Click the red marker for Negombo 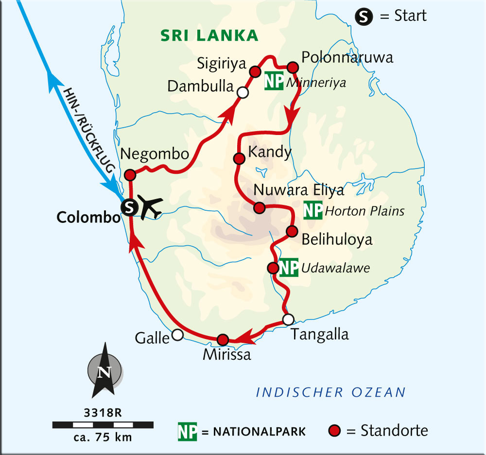tap(130, 175)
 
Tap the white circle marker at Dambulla tap(242, 92)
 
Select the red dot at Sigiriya tap(254, 72)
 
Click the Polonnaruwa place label tap(347, 57)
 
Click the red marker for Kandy tap(239, 158)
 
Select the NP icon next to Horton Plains tap(312, 211)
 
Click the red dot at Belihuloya tap(291, 231)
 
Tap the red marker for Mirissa tap(222, 339)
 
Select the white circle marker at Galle tap(177, 335)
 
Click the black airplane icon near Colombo tap(150, 208)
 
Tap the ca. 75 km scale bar tap(103, 425)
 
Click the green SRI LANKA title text tap(210, 35)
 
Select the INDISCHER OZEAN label tap(330, 392)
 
